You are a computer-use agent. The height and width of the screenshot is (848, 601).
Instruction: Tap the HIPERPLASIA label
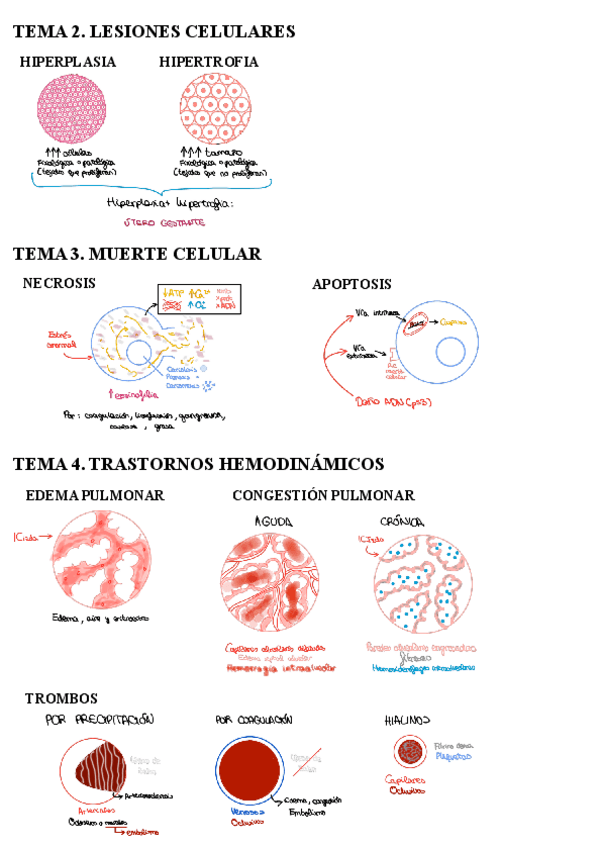pyautogui.click(x=68, y=62)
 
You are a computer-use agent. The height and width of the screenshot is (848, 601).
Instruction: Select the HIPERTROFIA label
pyautogui.click(x=208, y=62)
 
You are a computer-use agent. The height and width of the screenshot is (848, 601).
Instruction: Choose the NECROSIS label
pyautogui.click(x=59, y=283)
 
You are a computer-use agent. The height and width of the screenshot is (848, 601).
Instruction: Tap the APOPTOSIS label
pyautogui.click(x=351, y=285)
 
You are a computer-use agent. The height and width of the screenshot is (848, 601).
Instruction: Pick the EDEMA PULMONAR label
pyautogui.click(x=95, y=495)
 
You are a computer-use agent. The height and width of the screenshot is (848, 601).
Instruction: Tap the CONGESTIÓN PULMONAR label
pyautogui.click(x=323, y=495)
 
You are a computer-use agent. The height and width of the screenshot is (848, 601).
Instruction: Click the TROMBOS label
pyautogui.click(x=61, y=698)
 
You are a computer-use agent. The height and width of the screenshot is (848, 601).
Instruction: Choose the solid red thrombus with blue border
pyautogui.click(x=252, y=774)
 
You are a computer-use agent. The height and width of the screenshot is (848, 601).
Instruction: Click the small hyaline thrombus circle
pyautogui.click(x=408, y=751)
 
